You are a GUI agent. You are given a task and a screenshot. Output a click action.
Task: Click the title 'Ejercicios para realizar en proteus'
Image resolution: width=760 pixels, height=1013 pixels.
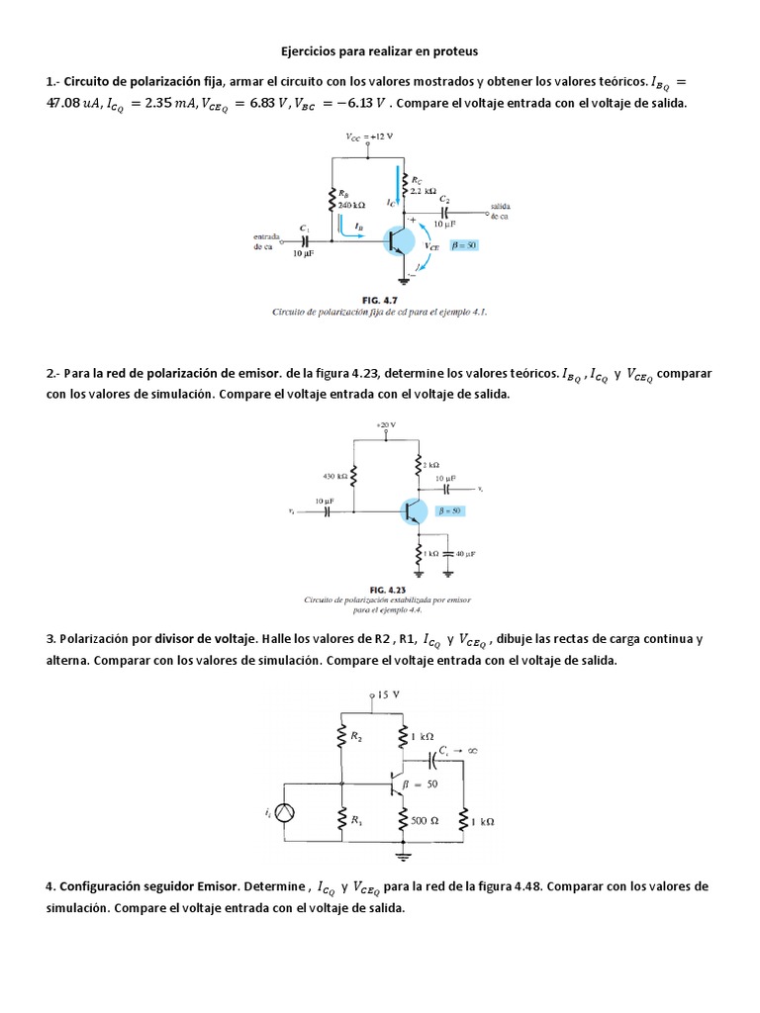point(379,49)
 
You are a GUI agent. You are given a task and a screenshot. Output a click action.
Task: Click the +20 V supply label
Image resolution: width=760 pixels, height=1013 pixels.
point(385,424)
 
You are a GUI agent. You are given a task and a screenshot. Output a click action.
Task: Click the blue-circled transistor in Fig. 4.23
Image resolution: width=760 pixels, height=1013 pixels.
point(414,511)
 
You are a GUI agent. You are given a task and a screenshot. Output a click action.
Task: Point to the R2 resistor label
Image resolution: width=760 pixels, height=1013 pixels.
point(356,736)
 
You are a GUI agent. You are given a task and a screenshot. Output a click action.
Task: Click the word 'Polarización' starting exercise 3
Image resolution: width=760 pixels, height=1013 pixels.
point(93,640)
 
